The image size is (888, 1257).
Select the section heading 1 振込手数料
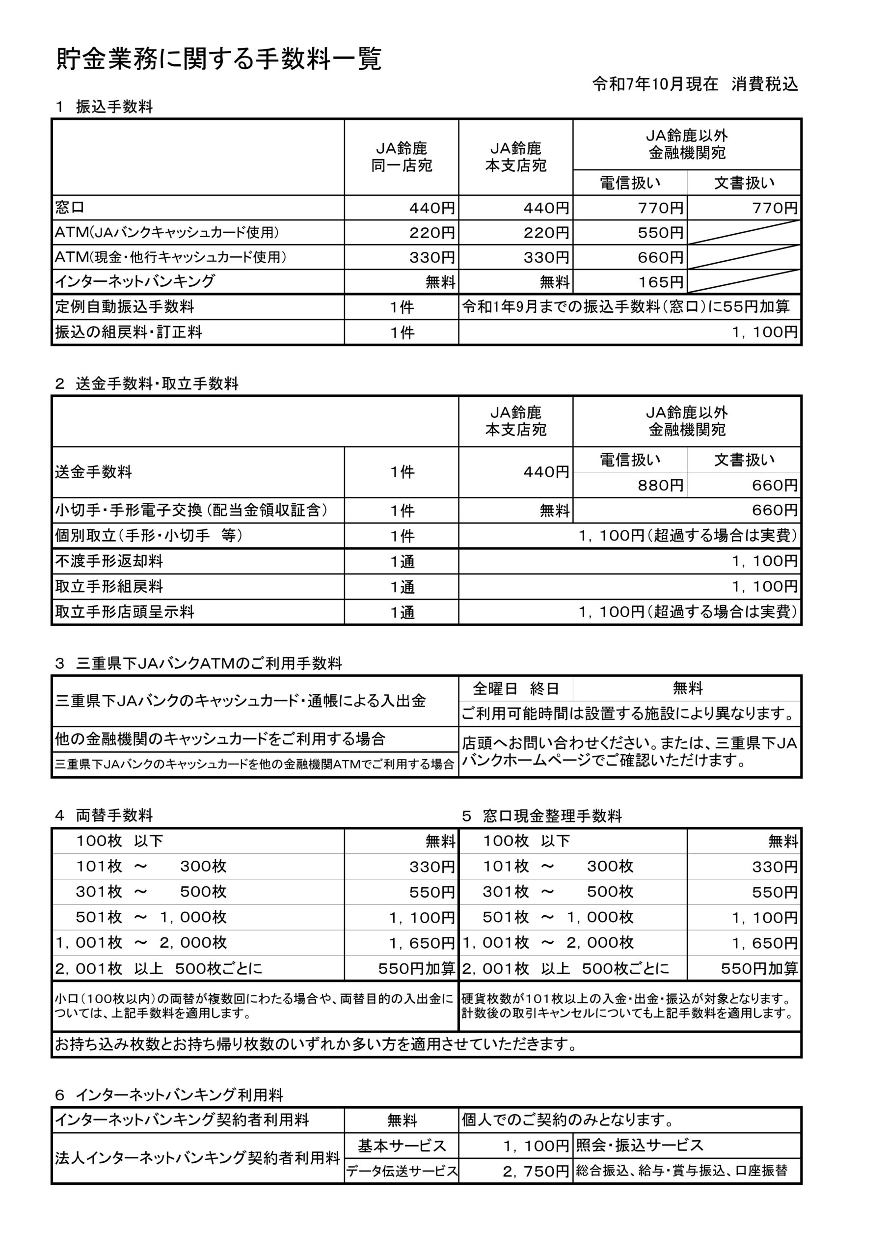coord(104,107)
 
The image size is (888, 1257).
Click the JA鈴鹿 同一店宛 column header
coord(402,157)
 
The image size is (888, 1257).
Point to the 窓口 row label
coord(70,208)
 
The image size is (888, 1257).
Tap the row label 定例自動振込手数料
coord(124,306)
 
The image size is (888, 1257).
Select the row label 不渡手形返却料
coord(109,561)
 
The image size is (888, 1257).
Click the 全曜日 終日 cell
coord(516,688)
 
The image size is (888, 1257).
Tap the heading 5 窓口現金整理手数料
coord(541,816)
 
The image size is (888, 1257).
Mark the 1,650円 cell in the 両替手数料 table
coord(422,943)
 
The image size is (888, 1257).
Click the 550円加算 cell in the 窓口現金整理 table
coord(759,968)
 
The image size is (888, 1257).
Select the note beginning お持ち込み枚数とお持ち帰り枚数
coord(316,1044)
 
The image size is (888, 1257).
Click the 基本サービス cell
coord(402,1146)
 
